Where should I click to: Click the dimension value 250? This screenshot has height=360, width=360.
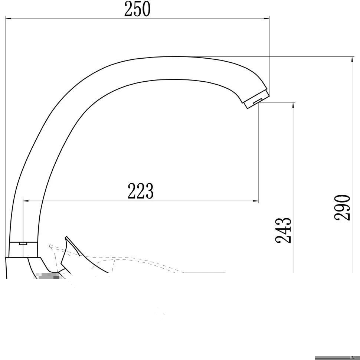[x=137, y=9]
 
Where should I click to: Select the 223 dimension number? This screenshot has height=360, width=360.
[x=140, y=191]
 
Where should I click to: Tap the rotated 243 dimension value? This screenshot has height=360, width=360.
[x=283, y=230]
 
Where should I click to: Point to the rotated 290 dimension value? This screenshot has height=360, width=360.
[x=342, y=207]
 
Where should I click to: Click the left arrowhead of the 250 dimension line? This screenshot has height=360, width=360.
[x=9, y=18]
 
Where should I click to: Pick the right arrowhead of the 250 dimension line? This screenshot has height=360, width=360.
[x=266, y=18]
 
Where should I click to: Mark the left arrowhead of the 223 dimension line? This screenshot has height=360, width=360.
[x=26, y=201]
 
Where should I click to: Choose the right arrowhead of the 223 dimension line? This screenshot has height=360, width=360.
[x=256, y=201]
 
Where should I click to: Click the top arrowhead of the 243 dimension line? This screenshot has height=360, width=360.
[x=293, y=105]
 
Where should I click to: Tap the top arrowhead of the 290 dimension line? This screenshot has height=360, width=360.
[x=352, y=59]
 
